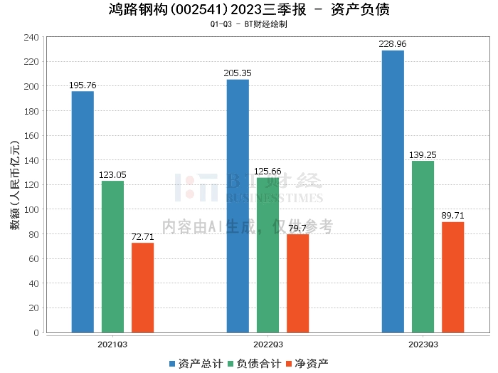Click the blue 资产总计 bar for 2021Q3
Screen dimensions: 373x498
[83, 211]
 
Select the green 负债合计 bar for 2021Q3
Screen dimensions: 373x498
[112, 256]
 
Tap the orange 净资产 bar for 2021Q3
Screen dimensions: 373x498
[142, 288]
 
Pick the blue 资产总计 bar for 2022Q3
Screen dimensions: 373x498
[238, 206]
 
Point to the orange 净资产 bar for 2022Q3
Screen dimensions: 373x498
[297, 283]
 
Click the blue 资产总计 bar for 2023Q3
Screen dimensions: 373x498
[393, 191]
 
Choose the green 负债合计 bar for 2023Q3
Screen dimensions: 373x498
[423, 246]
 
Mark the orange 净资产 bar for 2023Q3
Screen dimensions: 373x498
[452, 277]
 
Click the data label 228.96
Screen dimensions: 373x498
[393, 44]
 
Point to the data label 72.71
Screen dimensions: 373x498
[142, 236]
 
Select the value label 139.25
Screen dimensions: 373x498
[423, 154]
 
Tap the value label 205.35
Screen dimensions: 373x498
[238, 73]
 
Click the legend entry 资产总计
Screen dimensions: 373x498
[195, 364]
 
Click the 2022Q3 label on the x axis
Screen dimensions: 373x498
[267, 344]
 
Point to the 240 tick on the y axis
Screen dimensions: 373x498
[31, 37]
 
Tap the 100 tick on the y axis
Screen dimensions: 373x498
[31, 209]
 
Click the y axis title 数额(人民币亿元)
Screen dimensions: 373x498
[14, 185]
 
